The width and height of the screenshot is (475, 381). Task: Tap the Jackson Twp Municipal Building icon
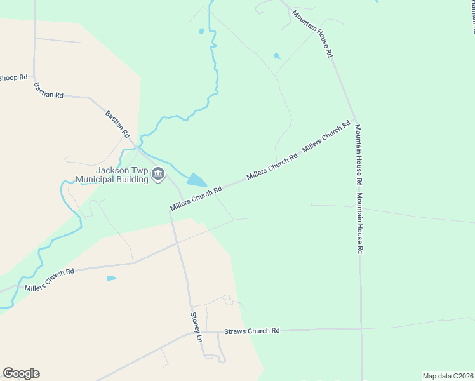(x=159, y=173)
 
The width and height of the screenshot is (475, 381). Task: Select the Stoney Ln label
(x=196, y=327)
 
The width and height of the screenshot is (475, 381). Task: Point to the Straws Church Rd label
(x=252, y=331)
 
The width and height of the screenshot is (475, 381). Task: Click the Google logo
(x=21, y=373)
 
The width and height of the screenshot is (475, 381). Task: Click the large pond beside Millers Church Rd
(x=196, y=180)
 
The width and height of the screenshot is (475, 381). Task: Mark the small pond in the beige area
(x=112, y=278)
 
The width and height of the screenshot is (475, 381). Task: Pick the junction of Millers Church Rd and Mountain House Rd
(x=354, y=119)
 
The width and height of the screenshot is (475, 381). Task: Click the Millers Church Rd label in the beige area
(x=50, y=279)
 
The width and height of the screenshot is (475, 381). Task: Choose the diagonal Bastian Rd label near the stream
(x=117, y=124)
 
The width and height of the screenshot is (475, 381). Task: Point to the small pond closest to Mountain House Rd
(x=276, y=56)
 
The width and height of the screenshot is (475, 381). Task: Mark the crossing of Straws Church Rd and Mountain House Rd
(x=361, y=329)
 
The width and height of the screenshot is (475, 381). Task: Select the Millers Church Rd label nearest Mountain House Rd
(x=326, y=137)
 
